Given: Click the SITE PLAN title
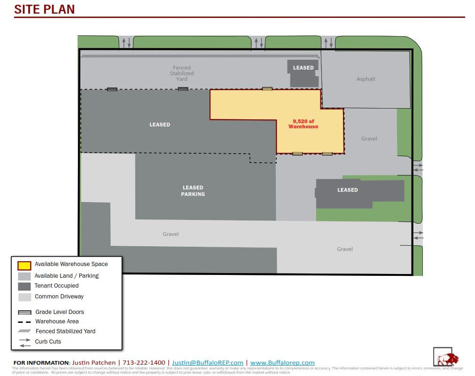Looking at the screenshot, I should (45, 9).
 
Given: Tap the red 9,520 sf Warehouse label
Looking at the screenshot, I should (303, 124).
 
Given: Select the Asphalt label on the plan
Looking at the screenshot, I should (366, 79).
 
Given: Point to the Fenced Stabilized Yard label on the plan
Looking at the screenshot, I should (182, 73).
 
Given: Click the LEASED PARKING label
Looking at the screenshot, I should (193, 191).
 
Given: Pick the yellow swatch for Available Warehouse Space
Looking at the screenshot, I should (24, 265).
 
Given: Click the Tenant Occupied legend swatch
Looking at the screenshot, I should (24, 286).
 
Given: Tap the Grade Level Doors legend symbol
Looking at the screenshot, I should (24, 313).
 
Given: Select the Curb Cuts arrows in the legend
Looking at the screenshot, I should (25, 342).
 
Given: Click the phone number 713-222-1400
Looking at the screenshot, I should (144, 362).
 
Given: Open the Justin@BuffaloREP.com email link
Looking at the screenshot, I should (208, 362).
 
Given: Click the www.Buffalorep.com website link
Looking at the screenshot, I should (282, 362).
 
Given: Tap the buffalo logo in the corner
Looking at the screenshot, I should (445, 358).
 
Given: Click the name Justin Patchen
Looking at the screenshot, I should (94, 362).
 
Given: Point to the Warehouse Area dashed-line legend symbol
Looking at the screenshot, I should (24, 322).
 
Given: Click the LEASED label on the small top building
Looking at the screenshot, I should (303, 68).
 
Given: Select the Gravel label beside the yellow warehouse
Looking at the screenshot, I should (369, 139).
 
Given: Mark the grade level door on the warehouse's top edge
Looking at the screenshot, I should (267, 89).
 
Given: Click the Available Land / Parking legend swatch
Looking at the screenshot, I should (24, 276).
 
